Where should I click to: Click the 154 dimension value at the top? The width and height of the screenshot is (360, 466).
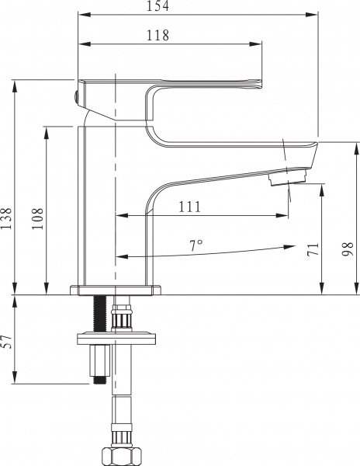157,5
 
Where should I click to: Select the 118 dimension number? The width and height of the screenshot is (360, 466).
157,35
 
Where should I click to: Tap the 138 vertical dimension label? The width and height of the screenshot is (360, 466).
6,218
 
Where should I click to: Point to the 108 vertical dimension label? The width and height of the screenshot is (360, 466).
37,218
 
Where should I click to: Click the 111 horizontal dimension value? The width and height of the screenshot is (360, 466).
189,207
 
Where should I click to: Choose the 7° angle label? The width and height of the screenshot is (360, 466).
196,245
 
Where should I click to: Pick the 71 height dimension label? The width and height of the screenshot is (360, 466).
313,249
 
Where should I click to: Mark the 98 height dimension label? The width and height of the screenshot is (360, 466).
348,249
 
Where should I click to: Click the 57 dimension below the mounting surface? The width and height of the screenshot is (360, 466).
6,342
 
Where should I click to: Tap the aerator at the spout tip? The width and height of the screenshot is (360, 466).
287,178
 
